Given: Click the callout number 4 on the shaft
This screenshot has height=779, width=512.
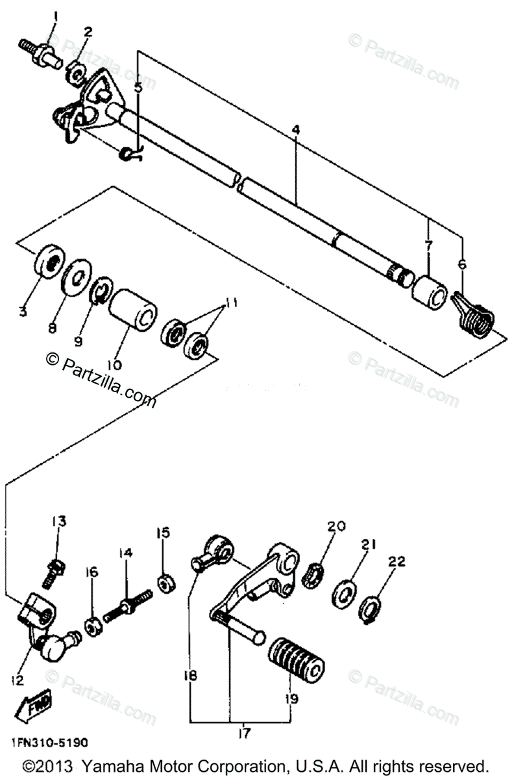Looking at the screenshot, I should tap(295, 130).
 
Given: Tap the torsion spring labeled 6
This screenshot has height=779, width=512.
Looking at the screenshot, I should tap(473, 312).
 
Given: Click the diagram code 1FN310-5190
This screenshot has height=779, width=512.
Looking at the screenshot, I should tap(49, 742).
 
